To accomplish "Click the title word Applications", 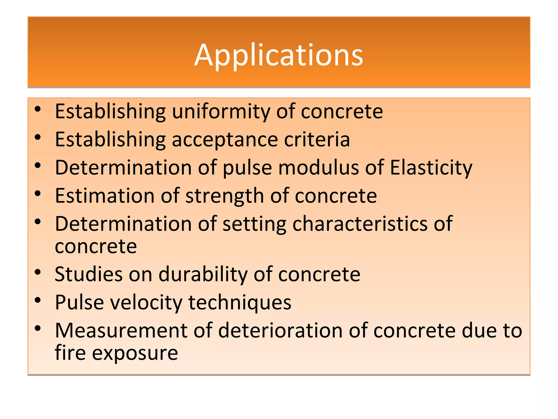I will pyautogui.click(x=278, y=56).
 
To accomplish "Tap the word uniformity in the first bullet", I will pyautogui.click(x=221, y=112).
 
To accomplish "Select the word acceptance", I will pyautogui.click(x=225, y=140).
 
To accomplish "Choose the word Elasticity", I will pyautogui.click(x=431, y=167).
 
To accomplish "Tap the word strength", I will pyautogui.click(x=225, y=196).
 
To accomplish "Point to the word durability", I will pyautogui.click(x=203, y=274).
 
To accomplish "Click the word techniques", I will pyautogui.click(x=240, y=303).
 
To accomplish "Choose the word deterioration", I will pyautogui.click(x=280, y=331).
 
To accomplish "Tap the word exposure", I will pyautogui.click(x=135, y=353).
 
